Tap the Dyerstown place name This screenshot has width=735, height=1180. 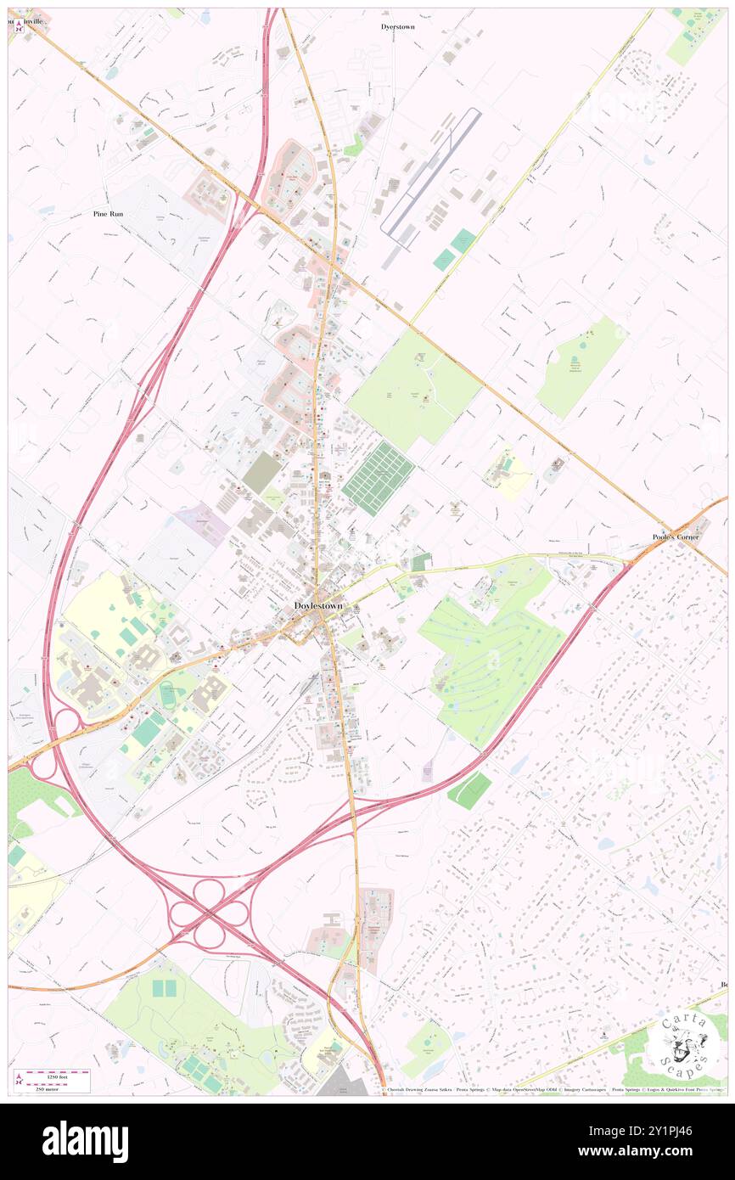[398, 27]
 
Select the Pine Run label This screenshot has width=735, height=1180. [108, 214]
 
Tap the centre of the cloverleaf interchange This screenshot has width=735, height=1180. [210, 913]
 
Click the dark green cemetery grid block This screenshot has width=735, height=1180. [379, 478]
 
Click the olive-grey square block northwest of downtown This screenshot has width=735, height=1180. [261, 473]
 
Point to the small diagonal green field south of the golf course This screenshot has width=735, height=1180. [468, 790]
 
